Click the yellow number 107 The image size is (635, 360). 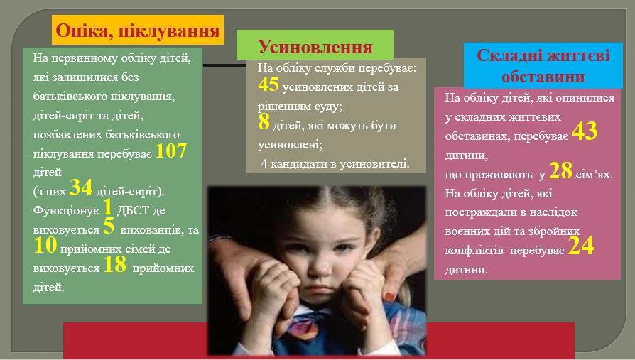point(171,151)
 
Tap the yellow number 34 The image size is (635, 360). point(81,188)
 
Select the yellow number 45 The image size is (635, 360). point(268,84)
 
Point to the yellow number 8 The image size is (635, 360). point(264,121)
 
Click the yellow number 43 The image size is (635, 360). point(585,131)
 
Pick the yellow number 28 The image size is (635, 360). point(561,170)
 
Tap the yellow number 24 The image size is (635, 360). point(581,246)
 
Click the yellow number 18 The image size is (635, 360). point(115,264)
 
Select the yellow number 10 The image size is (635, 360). point(45,246)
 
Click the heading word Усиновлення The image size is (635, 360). point(315,47)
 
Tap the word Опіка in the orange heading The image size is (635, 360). point(82,31)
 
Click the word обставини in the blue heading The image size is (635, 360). point(543,77)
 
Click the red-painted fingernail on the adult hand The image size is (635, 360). point(389,297)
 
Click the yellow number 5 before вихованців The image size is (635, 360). point(109,226)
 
